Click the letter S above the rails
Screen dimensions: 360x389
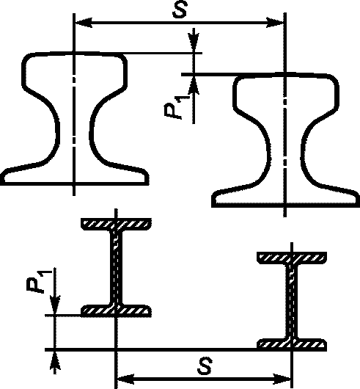(180, 10)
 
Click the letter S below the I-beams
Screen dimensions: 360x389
(205, 366)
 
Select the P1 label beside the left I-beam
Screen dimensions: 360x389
(40, 280)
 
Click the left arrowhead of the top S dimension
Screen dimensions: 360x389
(84, 23)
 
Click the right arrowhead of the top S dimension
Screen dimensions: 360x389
(274, 23)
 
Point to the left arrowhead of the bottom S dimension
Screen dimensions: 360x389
(126, 379)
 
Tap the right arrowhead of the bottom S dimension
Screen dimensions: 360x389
(282, 379)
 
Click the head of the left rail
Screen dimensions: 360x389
(75, 71)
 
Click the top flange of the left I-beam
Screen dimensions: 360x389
(116, 225)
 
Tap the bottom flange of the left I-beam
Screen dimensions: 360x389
(116, 311)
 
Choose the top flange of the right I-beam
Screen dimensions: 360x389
(292, 258)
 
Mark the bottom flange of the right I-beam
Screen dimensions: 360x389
(292, 345)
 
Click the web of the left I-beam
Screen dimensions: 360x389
(116, 268)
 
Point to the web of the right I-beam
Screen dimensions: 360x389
(292, 302)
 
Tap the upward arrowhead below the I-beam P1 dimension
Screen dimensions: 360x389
(55, 362)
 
